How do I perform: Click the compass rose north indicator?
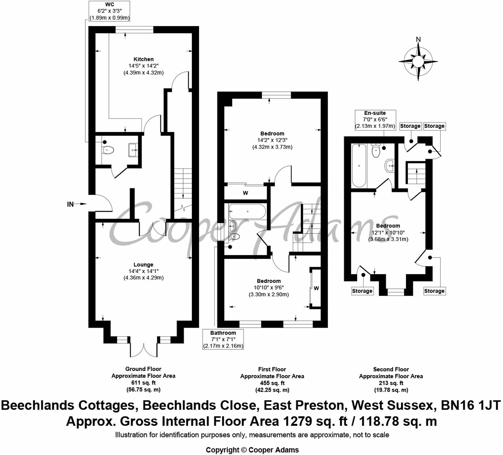[x=418, y=39]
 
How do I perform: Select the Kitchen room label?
[x=143, y=59]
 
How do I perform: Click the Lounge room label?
[x=143, y=265]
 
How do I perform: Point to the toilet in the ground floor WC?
[x=108, y=149]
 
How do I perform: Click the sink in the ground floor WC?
[x=133, y=150]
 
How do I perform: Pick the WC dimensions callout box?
[x=109, y=11]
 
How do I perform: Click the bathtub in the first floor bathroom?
[x=247, y=212]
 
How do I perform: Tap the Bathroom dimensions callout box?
[x=223, y=339]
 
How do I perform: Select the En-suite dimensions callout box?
[x=375, y=120]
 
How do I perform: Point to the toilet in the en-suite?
[x=376, y=151]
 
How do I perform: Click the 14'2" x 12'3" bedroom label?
[x=272, y=140]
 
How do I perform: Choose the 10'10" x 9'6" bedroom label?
[x=269, y=288]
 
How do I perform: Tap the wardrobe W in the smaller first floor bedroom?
[x=316, y=288]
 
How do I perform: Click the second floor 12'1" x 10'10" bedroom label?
[x=388, y=232]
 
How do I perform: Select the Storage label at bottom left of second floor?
[x=362, y=291]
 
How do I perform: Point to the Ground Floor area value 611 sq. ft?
[x=143, y=383]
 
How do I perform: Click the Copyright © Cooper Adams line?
[x=252, y=450]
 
